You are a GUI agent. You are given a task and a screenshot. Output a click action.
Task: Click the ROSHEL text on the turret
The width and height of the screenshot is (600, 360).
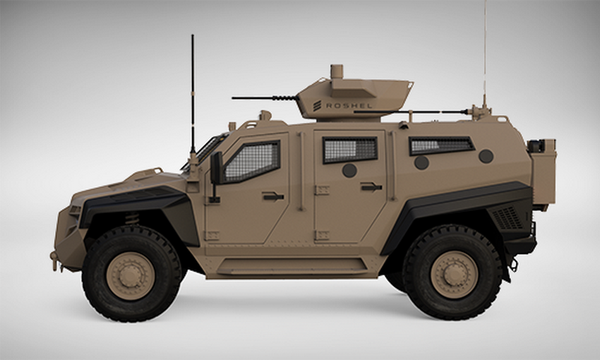click(349, 106)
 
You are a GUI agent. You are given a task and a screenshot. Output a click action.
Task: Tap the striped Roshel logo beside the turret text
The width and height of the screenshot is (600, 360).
click(316, 106)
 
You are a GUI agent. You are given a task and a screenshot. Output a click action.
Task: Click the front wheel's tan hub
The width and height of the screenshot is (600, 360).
click(130, 275)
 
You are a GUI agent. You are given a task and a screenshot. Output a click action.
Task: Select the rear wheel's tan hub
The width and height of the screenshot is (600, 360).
click(454, 274)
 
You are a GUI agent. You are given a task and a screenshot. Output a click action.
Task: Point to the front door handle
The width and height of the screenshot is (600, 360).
click(273, 196)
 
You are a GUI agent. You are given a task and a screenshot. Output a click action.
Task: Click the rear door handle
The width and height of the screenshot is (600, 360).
click(371, 187)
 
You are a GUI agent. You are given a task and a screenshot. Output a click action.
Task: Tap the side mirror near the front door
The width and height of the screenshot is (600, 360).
click(216, 168)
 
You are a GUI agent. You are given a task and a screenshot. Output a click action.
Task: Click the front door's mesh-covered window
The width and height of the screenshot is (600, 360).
click(252, 161)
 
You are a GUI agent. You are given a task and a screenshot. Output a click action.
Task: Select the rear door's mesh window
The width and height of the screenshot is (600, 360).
click(349, 149)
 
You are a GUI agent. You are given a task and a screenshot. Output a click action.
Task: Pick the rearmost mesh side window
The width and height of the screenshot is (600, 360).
click(441, 145)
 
